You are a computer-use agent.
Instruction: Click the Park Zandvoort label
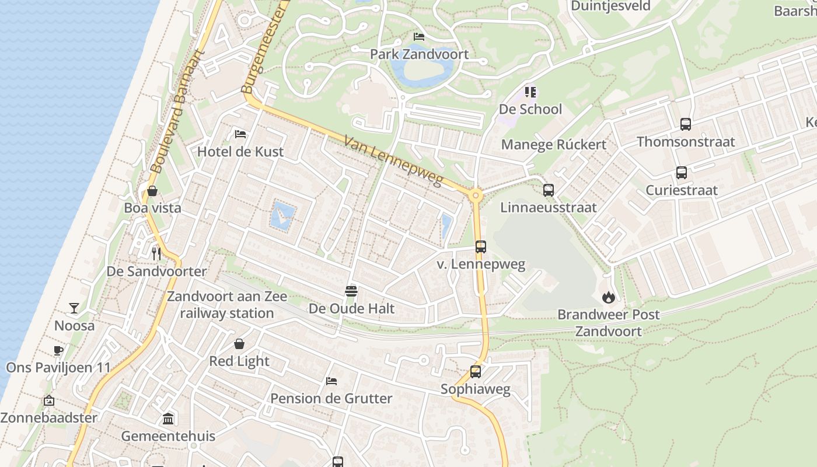(x=419, y=54)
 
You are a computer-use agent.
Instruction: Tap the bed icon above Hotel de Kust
(x=240, y=134)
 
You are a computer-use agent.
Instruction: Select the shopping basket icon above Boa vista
(x=152, y=191)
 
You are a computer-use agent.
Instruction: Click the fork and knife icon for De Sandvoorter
(x=156, y=253)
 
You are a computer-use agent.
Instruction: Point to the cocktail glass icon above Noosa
(x=74, y=308)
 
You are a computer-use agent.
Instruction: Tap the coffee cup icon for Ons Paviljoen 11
(x=58, y=350)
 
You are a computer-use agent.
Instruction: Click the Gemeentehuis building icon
(x=168, y=419)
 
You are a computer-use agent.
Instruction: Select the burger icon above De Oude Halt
(x=351, y=291)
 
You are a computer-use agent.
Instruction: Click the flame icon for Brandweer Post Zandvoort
(x=609, y=297)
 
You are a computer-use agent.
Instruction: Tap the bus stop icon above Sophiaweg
(x=476, y=371)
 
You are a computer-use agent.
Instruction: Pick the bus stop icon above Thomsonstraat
(x=686, y=124)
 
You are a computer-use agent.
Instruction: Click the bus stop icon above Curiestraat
(x=681, y=173)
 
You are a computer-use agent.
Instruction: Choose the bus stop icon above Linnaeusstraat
(x=549, y=190)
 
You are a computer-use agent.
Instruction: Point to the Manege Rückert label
(x=554, y=144)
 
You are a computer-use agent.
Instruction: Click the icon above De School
(x=530, y=92)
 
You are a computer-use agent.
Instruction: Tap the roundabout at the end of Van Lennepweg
(x=476, y=195)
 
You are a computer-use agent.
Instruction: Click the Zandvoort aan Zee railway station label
(x=227, y=305)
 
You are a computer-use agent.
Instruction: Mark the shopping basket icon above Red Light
(x=239, y=344)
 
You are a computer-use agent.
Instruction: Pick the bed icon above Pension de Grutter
(x=331, y=381)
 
